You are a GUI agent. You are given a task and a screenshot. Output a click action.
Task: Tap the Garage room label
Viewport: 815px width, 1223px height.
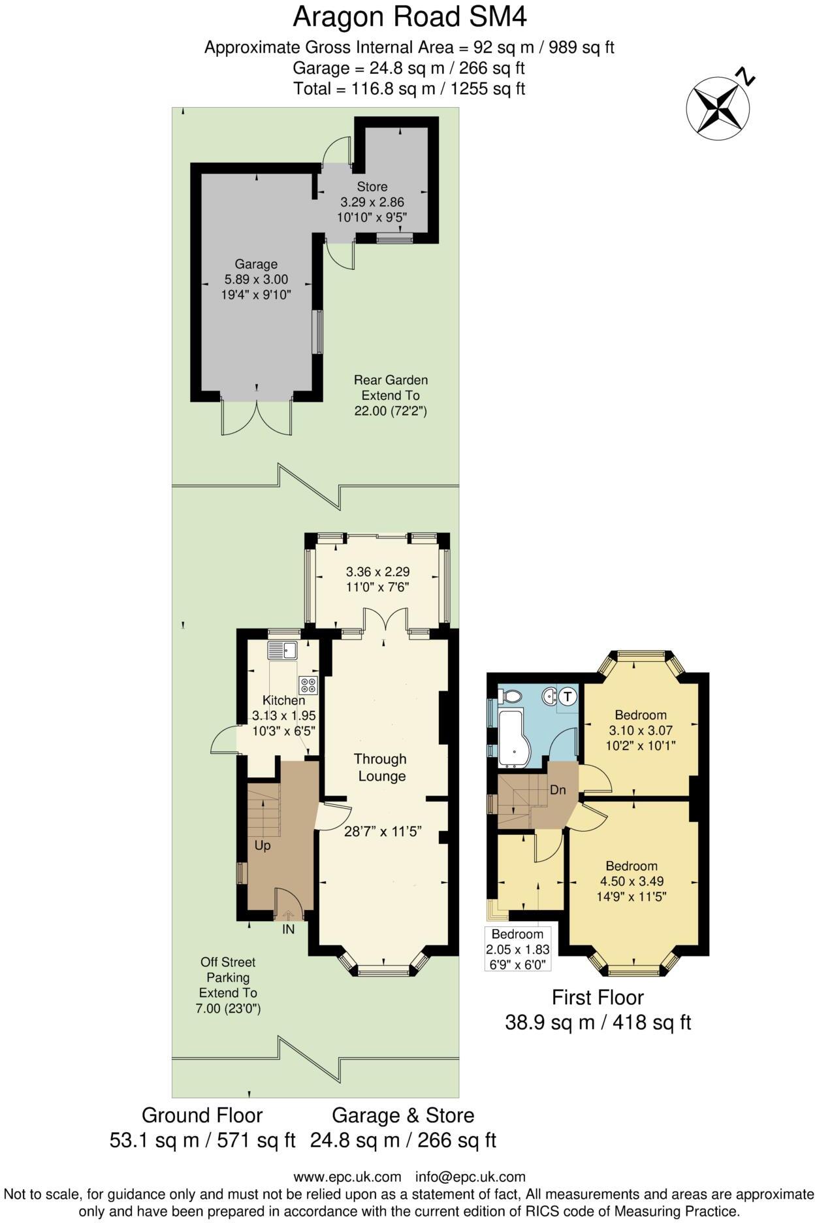pos(256,265)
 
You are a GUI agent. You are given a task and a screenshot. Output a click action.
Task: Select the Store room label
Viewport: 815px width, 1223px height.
pos(372,188)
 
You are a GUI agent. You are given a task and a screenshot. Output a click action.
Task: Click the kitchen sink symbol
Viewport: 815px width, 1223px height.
pos(282,651)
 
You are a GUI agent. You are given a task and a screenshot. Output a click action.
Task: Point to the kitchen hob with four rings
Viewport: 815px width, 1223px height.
pos(308,685)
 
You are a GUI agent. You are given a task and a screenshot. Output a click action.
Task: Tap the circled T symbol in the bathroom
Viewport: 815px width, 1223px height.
pos(567,696)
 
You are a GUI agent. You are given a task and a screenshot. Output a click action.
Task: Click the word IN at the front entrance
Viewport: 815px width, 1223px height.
pos(288,929)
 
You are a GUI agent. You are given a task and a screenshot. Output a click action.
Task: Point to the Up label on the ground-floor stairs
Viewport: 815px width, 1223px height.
pos(263,845)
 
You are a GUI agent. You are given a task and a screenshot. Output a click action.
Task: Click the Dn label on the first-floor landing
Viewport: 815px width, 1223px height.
pos(557,790)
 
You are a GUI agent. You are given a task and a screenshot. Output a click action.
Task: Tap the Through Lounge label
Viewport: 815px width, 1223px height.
pos(380,768)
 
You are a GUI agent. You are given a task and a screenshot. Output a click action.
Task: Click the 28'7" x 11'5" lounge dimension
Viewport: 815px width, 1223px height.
pos(383,832)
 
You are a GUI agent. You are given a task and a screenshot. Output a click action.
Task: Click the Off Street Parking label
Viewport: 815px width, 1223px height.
pos(228,970)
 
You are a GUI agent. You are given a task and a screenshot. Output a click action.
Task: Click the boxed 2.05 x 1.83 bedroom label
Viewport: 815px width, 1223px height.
pos(517,949)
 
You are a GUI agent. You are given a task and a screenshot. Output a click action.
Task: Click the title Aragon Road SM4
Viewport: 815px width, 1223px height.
pos(409,17)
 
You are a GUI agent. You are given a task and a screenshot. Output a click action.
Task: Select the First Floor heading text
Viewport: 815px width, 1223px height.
pos(598,998)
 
